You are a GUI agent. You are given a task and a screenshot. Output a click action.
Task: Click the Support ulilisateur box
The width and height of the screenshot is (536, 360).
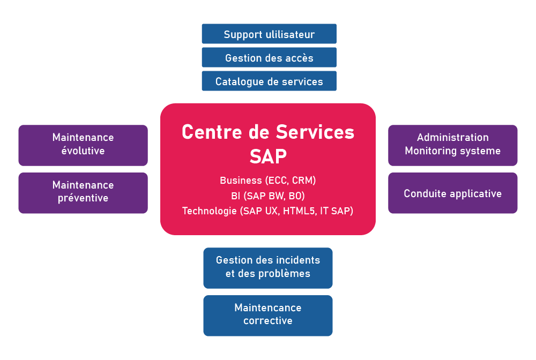click(x=269, y=34)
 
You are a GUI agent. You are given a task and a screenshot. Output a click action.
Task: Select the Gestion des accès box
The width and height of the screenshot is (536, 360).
click(x=269, y=57)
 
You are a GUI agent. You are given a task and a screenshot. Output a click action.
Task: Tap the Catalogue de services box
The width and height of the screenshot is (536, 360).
click(x=269, y=81)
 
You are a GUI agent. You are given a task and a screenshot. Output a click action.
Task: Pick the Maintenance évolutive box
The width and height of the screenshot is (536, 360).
click(x=83, y=145)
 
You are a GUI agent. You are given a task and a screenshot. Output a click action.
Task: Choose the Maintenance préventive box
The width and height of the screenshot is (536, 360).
click(x=83, y=193)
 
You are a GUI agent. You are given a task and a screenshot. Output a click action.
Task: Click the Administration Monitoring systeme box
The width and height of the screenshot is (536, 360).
click(x=453, y=145)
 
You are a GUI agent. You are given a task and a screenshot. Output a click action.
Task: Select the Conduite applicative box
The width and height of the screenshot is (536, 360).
click(x=453, y=193)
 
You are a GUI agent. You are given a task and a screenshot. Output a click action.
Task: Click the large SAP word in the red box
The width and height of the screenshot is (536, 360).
click(x=268, y=156)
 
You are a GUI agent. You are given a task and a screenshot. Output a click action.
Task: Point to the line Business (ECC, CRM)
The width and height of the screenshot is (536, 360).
click(x=268, y=181)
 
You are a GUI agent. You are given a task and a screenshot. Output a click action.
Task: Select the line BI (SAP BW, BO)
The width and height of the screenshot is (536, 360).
click(x=268, y=196)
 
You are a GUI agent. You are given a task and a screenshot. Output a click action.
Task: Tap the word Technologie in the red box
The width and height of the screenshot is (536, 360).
click(x=210, y=211)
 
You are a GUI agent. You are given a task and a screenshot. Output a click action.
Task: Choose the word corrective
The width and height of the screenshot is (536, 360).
click(x=268, y=321)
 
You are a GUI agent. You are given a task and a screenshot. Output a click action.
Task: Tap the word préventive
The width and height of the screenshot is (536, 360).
click(x=83, y=198)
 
